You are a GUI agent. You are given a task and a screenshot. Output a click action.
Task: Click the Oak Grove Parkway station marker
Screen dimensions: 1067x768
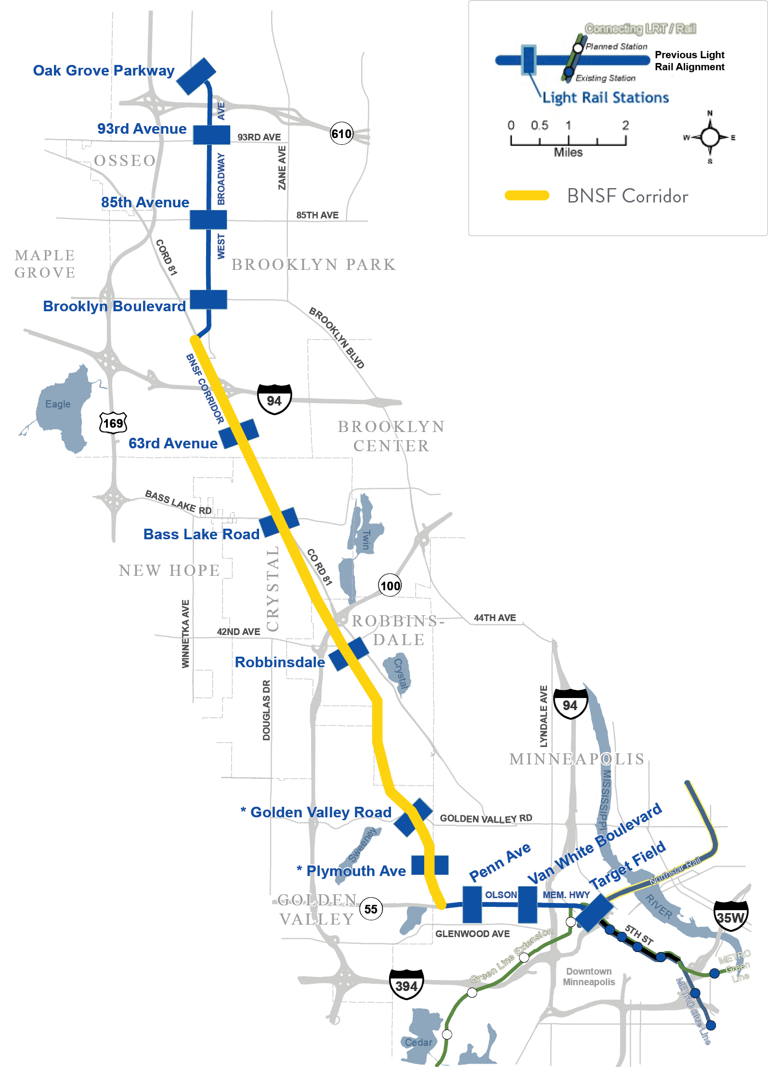coord(196,76)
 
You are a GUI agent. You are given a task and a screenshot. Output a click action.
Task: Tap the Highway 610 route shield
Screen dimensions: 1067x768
coord(341,134)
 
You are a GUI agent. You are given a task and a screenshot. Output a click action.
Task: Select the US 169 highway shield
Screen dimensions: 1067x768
coord(113,423)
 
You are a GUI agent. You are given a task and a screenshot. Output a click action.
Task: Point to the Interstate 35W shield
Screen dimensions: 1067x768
coord(730,917)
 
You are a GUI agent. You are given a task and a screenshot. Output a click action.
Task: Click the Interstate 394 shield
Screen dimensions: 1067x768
coord(406,986)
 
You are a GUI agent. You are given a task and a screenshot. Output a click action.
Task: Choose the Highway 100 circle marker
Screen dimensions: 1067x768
coord(390,585)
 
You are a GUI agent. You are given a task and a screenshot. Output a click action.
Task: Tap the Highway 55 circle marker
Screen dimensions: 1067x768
coord(371,909)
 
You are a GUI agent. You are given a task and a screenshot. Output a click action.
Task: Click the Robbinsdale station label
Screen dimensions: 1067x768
coord(280,662)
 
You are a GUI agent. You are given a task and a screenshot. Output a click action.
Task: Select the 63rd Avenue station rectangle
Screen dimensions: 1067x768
coord(239,433)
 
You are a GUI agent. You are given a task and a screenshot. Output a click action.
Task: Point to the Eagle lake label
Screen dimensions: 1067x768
coord(58,404)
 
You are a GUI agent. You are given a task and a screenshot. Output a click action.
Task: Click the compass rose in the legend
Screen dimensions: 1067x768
coord(710,137)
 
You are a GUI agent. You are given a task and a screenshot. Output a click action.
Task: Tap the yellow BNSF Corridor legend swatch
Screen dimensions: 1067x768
coord(527,195)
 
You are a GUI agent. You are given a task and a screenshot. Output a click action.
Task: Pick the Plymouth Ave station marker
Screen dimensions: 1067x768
coord(430,865)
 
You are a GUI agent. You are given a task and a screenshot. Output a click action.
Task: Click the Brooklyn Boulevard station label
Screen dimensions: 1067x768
coord(114,306)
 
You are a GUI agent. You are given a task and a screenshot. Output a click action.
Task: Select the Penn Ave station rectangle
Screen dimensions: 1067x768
coord(472,904)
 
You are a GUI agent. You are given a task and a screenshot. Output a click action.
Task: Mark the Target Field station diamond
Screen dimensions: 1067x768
coord(595,912)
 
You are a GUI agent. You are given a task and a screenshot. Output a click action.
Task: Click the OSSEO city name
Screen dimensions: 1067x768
coord(125,160)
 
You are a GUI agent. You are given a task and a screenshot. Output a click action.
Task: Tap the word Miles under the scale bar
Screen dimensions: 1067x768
coord(568,152)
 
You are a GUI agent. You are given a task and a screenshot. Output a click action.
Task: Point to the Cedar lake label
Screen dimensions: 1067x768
coord(418,1042)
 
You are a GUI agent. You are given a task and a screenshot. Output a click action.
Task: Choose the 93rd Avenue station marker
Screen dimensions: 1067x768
coord(211,135)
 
